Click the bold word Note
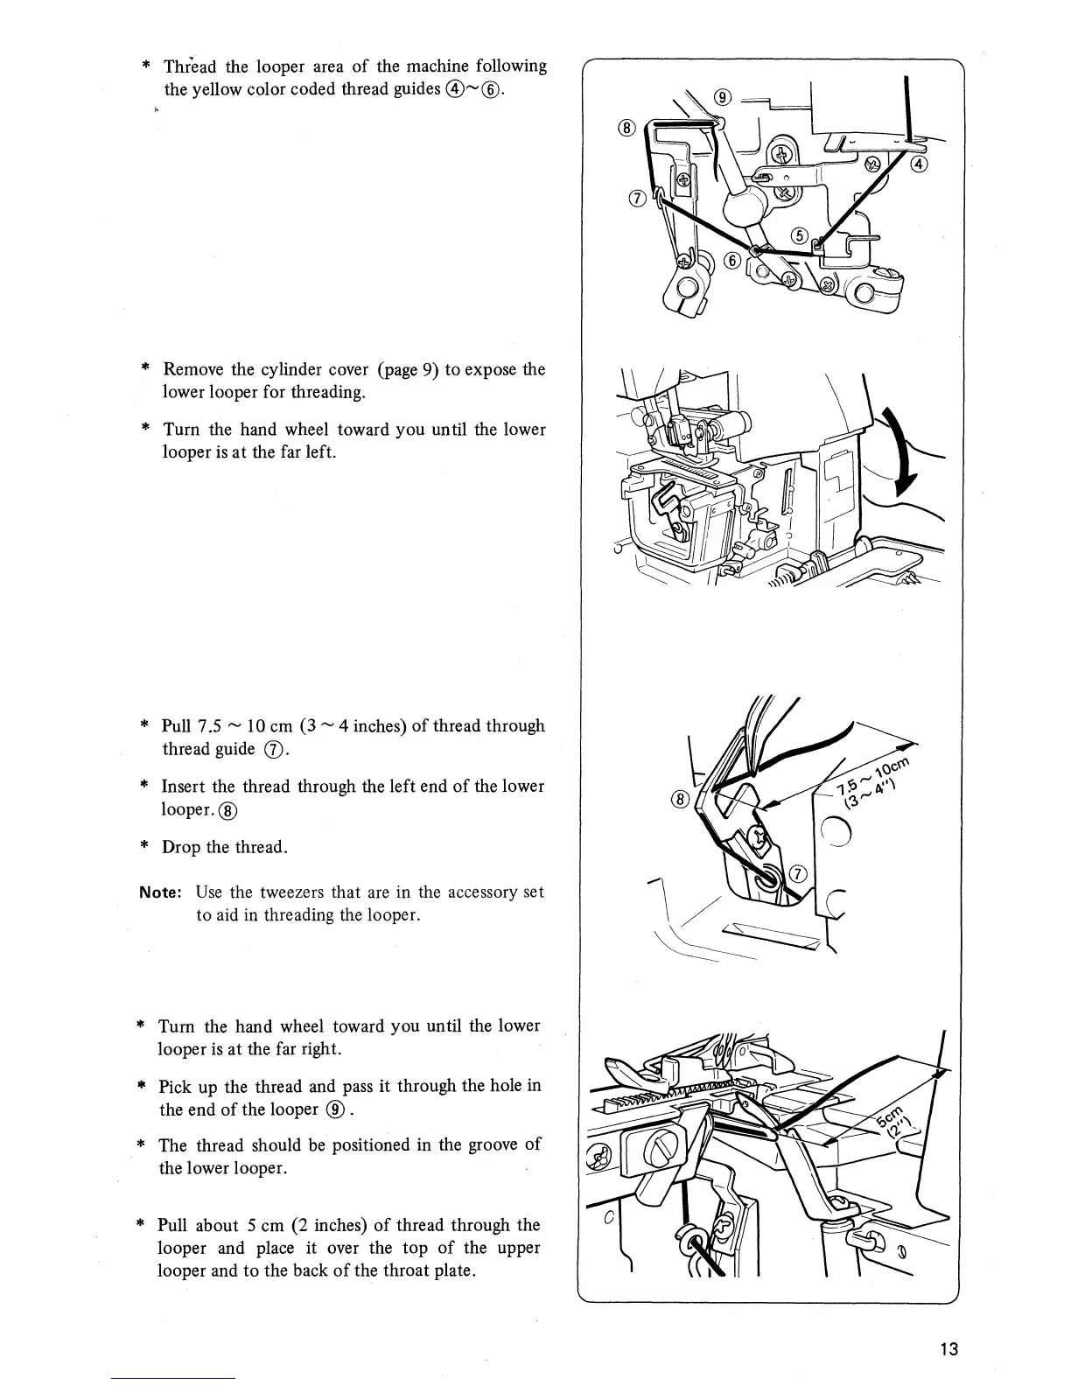(160, 892)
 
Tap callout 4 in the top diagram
(920, 164)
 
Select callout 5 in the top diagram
(799, 234)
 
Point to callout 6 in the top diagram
(732, 261)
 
